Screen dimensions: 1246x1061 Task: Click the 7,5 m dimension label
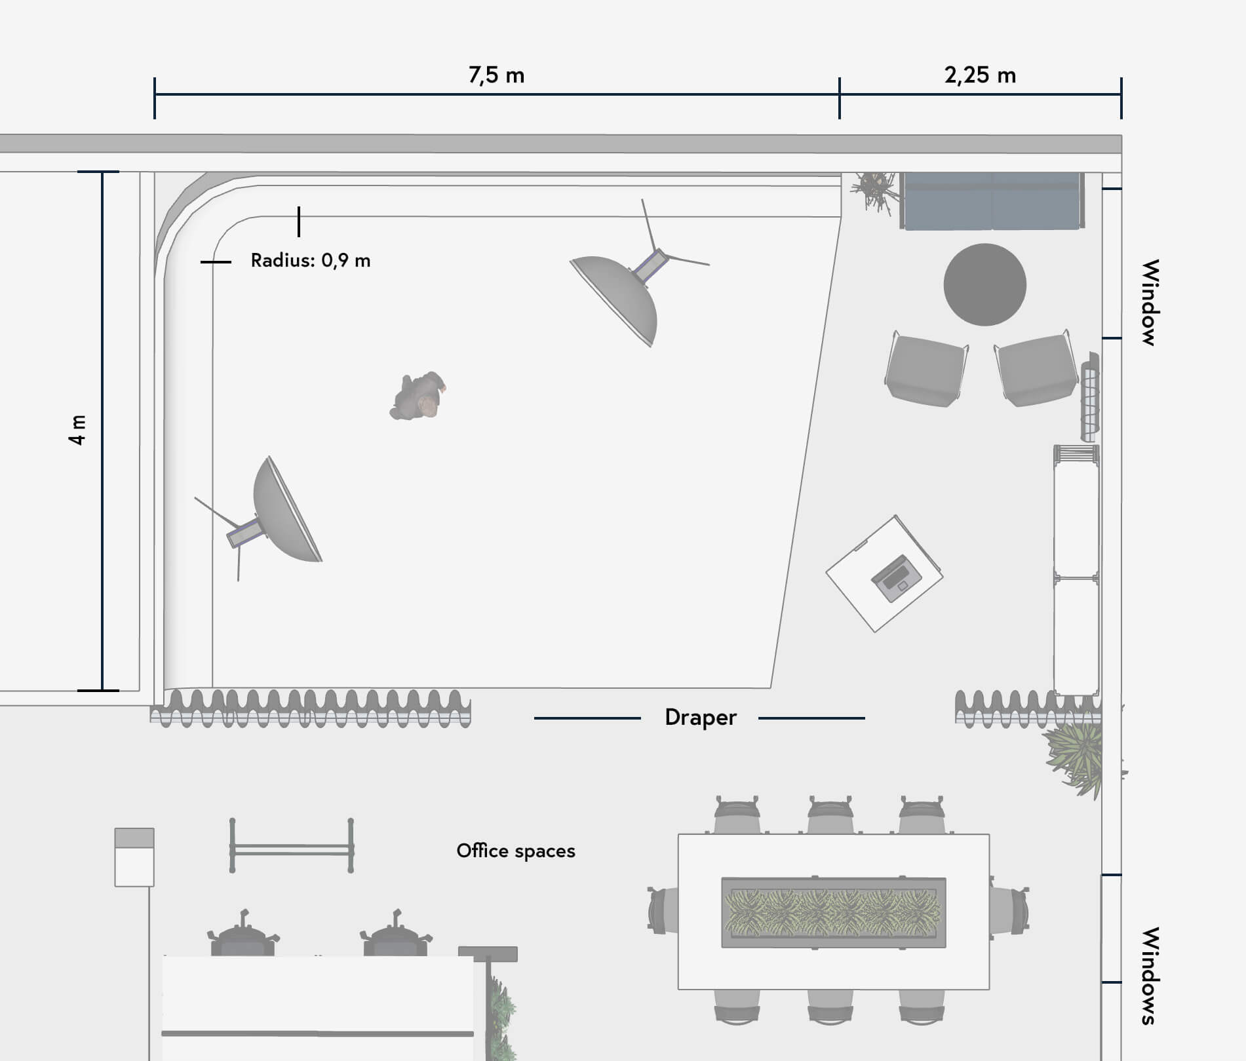click(496, 75)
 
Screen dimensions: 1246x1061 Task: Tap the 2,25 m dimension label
click(980, 75)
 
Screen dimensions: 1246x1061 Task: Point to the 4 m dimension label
click(77, 430)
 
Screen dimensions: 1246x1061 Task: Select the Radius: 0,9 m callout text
click(310, 260)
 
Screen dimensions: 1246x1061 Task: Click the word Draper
click(700, 718)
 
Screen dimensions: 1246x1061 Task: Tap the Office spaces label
click(516, 851)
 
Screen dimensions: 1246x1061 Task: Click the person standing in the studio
click(418, 395)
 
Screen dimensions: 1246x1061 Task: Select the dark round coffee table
click(984, 284)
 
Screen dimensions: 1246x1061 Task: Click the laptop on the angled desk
click(896, 578)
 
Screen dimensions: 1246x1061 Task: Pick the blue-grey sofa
click(992, 201)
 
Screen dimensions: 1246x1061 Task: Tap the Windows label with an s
click(1150, 976)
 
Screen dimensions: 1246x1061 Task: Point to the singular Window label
click(1150, 302)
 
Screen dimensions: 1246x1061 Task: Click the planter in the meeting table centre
click(833, 912)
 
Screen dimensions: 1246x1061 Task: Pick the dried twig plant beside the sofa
click(874, 191)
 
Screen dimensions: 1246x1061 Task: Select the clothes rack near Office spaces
click(292, 845)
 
